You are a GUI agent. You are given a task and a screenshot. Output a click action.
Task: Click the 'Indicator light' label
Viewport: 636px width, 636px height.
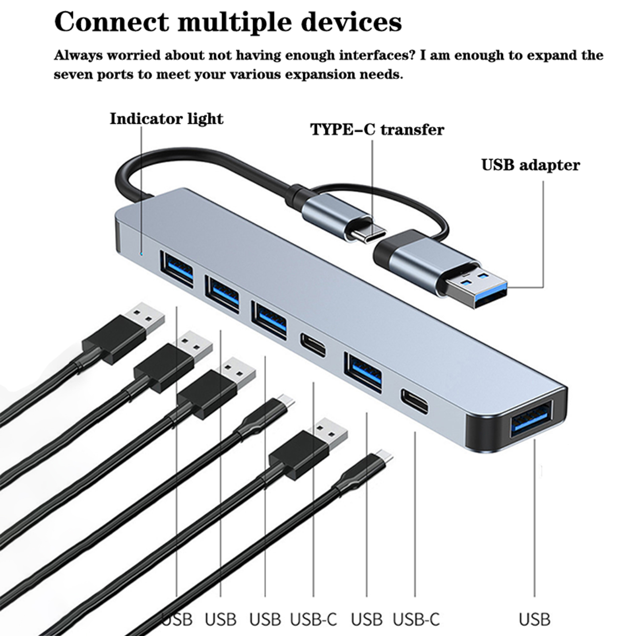coord(166,119)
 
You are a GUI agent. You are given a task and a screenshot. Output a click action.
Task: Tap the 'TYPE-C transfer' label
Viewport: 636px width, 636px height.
coord(377,130)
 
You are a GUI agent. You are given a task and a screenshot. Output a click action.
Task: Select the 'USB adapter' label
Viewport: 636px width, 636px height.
coord(530,165)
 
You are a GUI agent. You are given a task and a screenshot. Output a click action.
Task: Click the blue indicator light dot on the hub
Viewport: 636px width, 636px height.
coord(141,253)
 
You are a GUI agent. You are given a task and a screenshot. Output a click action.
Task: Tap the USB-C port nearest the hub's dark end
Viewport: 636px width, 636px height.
coord(415,401)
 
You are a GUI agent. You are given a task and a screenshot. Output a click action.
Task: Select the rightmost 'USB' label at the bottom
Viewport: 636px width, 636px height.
coord(534,619)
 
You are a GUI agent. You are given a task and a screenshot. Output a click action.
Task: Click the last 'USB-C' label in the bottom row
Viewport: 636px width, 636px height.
coord(416,619)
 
